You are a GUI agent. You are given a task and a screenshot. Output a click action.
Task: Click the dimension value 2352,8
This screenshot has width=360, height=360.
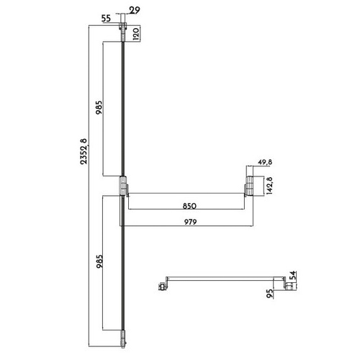click(x=84, y=151)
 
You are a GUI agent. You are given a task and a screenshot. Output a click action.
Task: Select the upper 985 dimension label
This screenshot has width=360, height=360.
click(x=99, y=107)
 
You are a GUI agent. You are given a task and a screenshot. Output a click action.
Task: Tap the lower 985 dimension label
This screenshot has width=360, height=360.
click(x=99, y=261)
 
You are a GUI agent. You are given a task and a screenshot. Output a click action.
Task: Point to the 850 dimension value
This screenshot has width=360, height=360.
click(x=189, y=206)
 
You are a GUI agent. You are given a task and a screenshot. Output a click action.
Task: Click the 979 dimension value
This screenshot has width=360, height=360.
click(x=190, y=222)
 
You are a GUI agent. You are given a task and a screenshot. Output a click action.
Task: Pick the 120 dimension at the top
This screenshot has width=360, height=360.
click(x=135, y=34)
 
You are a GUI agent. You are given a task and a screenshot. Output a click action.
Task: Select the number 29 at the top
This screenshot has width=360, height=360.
click(x=135, y=10)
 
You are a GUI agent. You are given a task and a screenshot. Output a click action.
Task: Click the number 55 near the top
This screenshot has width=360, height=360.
click(x=106, y=19)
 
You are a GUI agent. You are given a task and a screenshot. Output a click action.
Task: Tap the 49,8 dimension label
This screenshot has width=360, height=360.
click(x=265, y=162)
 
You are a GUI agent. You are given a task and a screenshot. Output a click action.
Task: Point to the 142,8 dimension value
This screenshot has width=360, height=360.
click(x=269, y=186)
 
